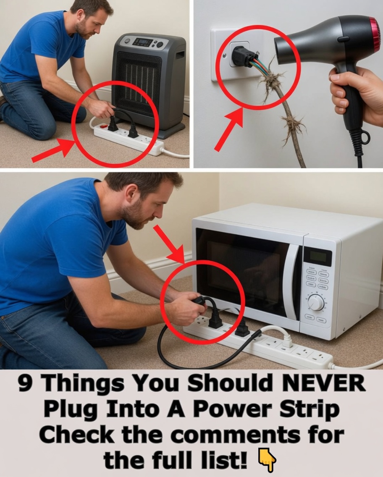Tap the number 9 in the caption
point(26,384)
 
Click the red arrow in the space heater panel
point(52,150)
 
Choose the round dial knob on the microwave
point(316,302)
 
